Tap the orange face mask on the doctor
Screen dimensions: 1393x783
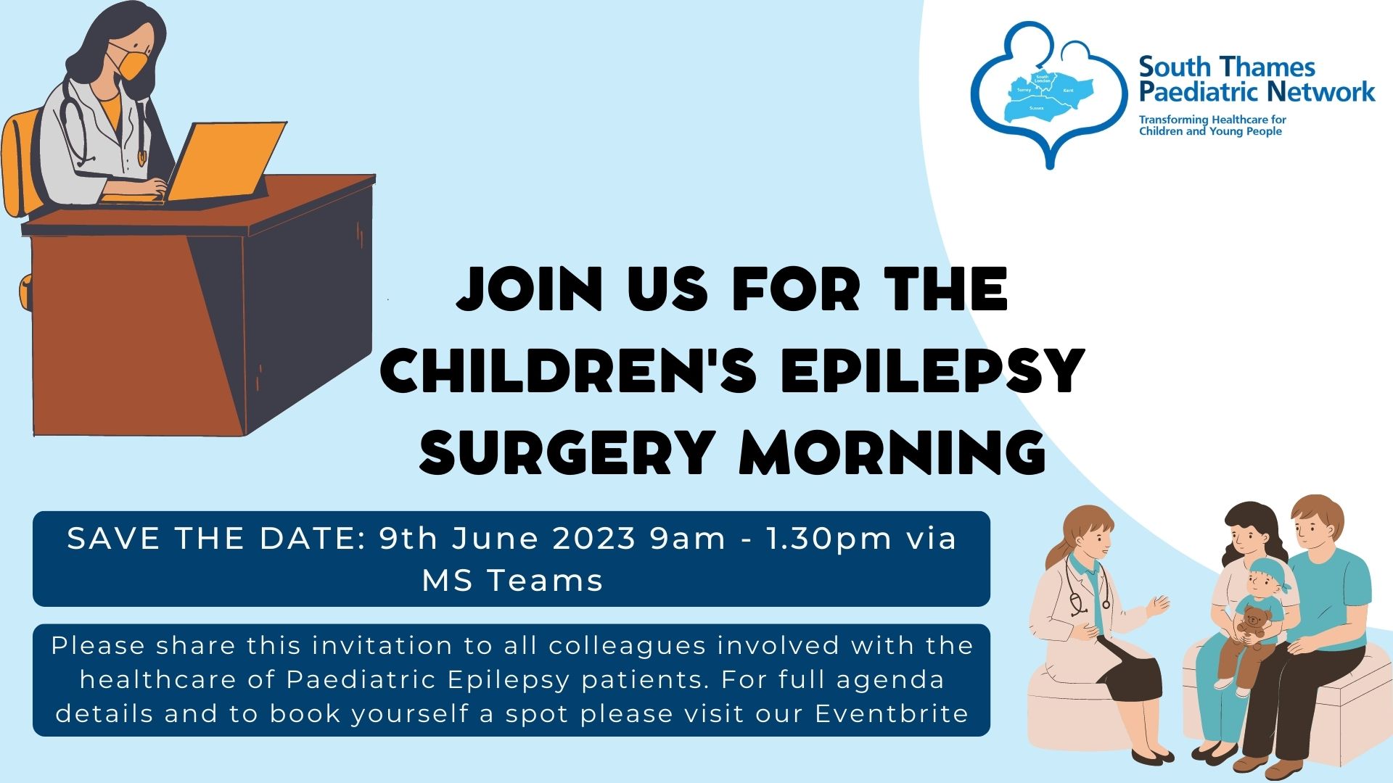(131, 63)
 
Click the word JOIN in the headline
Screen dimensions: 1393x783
(530, 289)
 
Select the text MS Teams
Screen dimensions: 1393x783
(512, 581)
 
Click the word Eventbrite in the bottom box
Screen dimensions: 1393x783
(892, 713)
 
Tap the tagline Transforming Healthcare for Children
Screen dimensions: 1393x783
(1212, 125)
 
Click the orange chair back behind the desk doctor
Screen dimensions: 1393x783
(20, 163)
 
